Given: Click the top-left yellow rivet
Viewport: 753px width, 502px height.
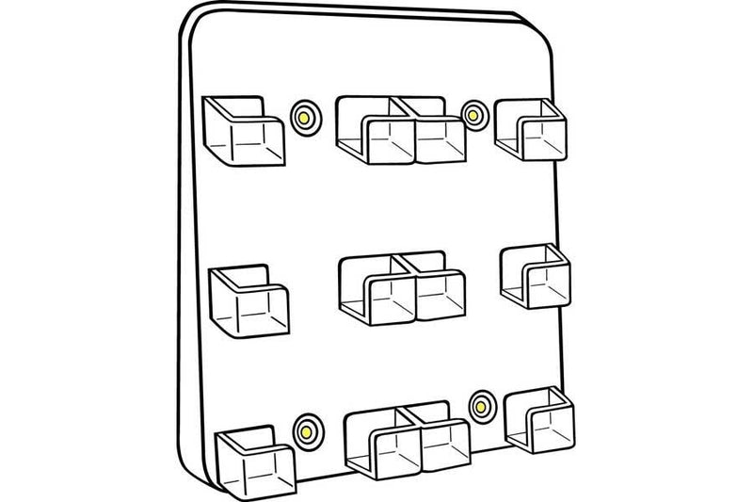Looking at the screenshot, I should pos(304,117).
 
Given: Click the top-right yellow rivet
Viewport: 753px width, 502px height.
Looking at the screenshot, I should pos(473,114).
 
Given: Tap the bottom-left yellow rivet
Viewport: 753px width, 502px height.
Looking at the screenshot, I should pos(305,429).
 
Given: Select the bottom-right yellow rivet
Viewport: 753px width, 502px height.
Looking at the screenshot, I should pos(483,406).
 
